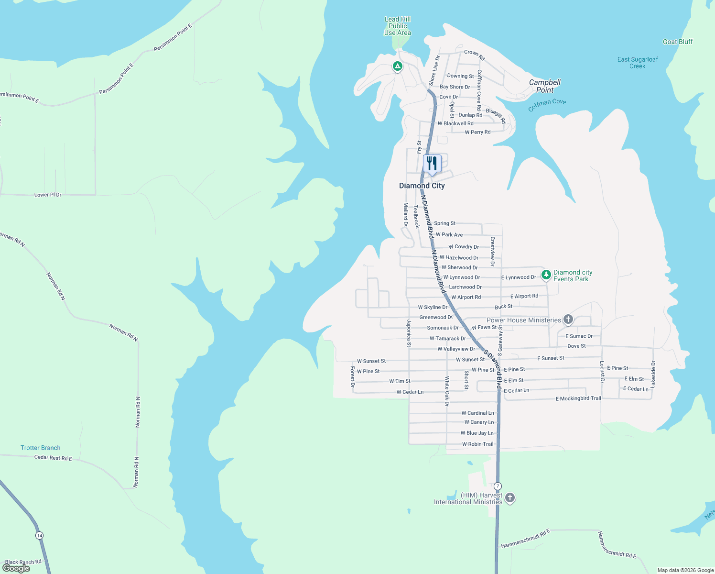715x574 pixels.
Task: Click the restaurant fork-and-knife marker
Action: pyautogui.click(x=432, y=164)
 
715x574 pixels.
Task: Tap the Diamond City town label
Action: pyautogui.click(x=422, y=186)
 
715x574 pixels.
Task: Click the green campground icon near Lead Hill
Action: pyautogui.click(x=397, y=66)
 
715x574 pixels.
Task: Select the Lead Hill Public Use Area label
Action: pyautogui.click(x=398, y=26)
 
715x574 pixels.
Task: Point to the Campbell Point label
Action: pyautogui.click(x=544, y=86)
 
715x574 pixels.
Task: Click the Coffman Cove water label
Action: pyautogui.click(x=547, y=104)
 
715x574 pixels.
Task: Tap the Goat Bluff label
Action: pyautogui.click(x=677, y=42)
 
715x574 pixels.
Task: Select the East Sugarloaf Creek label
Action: pyautogui.click(x=637, y=63)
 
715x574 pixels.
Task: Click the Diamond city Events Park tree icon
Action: pyautogui.click(x=546, y=275)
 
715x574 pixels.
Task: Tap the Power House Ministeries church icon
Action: pyautogui.click(x=568, y=320)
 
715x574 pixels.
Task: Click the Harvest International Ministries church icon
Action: pyautogui.click(x=510, y=498)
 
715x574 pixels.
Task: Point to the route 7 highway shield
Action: pyautogui.click(x=498, y=486)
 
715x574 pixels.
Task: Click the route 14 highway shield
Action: pyautogui.click(x=39, y=535)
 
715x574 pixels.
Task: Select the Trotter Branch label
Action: pyautogui.click(x=41, y=448)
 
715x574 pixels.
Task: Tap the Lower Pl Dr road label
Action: pyautogui.click(x=48, y=195)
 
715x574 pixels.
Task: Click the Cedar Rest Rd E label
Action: pyautogui.click(x=53, y=458)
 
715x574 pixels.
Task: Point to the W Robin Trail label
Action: pyautogui.click(x=477, y=444)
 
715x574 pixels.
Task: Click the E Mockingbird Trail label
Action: pyautogui.click(x=578, y=398)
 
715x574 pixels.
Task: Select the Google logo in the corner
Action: pyautogui.click(x=16, y=568)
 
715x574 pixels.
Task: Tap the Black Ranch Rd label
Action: pyautogui.click(x=23, y=562)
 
